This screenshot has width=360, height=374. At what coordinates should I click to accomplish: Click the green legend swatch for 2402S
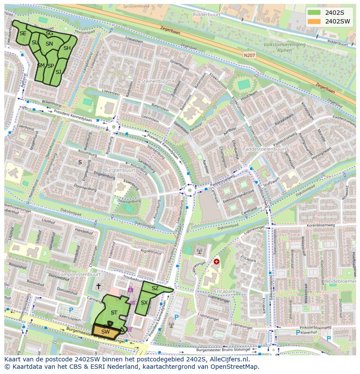coord(313,12)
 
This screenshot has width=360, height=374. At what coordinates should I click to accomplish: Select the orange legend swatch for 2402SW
coord(313,21)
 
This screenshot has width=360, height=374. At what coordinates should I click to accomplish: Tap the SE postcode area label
coord(23,33)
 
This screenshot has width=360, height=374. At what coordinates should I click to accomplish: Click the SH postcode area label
coord(67,48)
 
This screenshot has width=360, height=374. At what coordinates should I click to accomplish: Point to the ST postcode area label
coord(114,312)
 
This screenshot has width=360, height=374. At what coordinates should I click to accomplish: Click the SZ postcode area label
coord(155,288)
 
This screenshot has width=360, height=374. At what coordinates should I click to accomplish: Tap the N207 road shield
coord(249,55)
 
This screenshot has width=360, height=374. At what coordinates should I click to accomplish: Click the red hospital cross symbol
coord(217,261)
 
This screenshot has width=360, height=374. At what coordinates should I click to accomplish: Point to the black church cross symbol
coord(99,286)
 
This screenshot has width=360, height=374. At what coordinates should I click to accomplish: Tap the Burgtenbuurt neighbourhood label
coord(120,170)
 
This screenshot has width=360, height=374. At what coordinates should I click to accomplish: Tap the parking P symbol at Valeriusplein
coord(71,310)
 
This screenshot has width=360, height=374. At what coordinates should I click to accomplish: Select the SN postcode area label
coord(49,44)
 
